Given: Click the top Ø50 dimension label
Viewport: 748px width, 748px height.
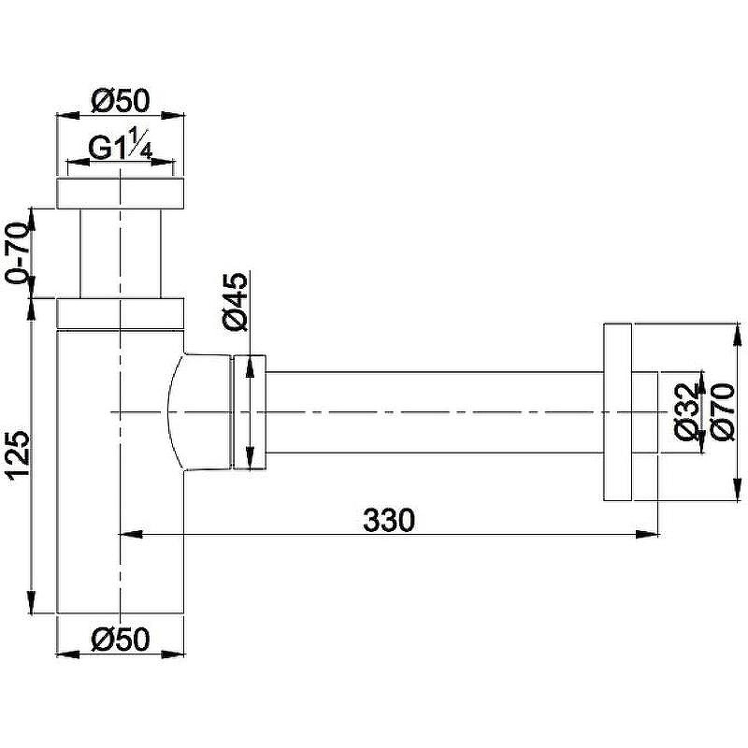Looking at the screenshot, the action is point(121,101).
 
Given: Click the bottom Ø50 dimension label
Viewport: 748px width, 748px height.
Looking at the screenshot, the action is point(121,640).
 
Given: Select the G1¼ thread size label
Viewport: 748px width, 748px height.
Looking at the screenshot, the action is point(121,145).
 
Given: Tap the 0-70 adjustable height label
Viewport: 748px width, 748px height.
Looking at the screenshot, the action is point(18,252).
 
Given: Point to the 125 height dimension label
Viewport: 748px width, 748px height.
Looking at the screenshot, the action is point(18,455).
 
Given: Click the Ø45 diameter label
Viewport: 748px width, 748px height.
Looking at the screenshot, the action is point(236,301).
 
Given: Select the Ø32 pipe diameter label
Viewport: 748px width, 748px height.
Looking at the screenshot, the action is point(687,411).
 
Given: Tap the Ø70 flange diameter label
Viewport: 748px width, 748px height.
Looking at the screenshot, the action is point(722,411).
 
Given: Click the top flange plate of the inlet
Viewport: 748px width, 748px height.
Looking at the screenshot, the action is point(121,194).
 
